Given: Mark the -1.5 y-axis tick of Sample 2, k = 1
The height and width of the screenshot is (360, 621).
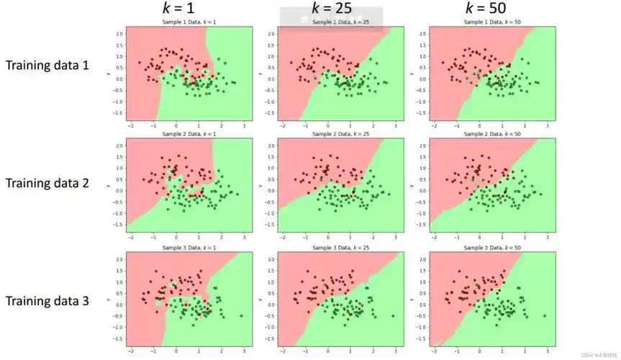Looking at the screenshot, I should [x=117, y=225].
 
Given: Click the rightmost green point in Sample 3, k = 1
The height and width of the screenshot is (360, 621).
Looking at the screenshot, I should [x=241, y=316].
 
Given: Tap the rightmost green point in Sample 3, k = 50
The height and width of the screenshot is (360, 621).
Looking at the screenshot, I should [x=545, y=316].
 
